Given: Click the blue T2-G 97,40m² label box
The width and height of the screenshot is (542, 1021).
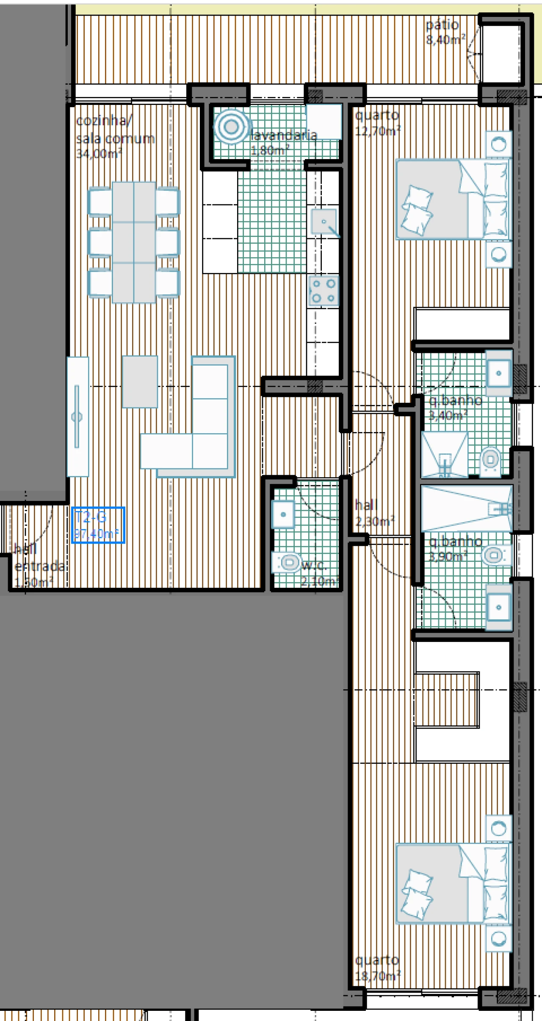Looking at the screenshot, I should [x=98, y=525].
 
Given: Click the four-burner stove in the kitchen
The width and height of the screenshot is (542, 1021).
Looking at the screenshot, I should [x=324, y=290].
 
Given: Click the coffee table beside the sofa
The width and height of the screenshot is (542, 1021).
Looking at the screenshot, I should [x=140, y=382].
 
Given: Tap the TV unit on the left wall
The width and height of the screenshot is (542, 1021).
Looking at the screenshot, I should [x=77, y=417].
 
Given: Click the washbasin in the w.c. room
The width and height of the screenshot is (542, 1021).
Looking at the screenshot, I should [x=283, y=514].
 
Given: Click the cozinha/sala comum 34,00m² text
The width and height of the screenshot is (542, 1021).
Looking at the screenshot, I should [x=114, y=138].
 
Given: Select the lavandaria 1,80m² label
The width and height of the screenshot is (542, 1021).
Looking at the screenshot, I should [x=283, y=142].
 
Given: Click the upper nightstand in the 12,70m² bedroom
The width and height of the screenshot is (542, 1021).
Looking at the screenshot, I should [x=498, y=144].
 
